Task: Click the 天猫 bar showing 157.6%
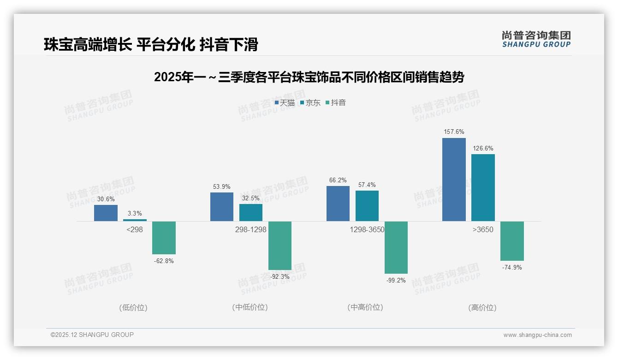coord(454,180)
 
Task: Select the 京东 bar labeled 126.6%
coord(483,187)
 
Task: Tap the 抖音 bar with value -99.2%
coord(396,247)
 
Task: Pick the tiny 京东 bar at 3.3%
coord(135,220)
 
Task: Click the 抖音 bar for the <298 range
coord(164,238)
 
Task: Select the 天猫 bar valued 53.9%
coord(222,207)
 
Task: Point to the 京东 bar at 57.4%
coord(367,206)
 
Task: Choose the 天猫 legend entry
coord(285,102)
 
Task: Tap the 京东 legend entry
coord(310,102)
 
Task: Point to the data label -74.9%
coord(511,268)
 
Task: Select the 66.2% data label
coord(338,180)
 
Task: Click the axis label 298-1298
coord(250,229)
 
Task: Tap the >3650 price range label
coord(483,229)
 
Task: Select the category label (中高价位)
coord(365,307)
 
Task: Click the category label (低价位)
coord(133,307)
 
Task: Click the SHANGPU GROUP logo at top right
coord(536,39)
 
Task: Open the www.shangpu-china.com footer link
coord(537,335)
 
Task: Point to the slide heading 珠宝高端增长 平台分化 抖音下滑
coord(151,45)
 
